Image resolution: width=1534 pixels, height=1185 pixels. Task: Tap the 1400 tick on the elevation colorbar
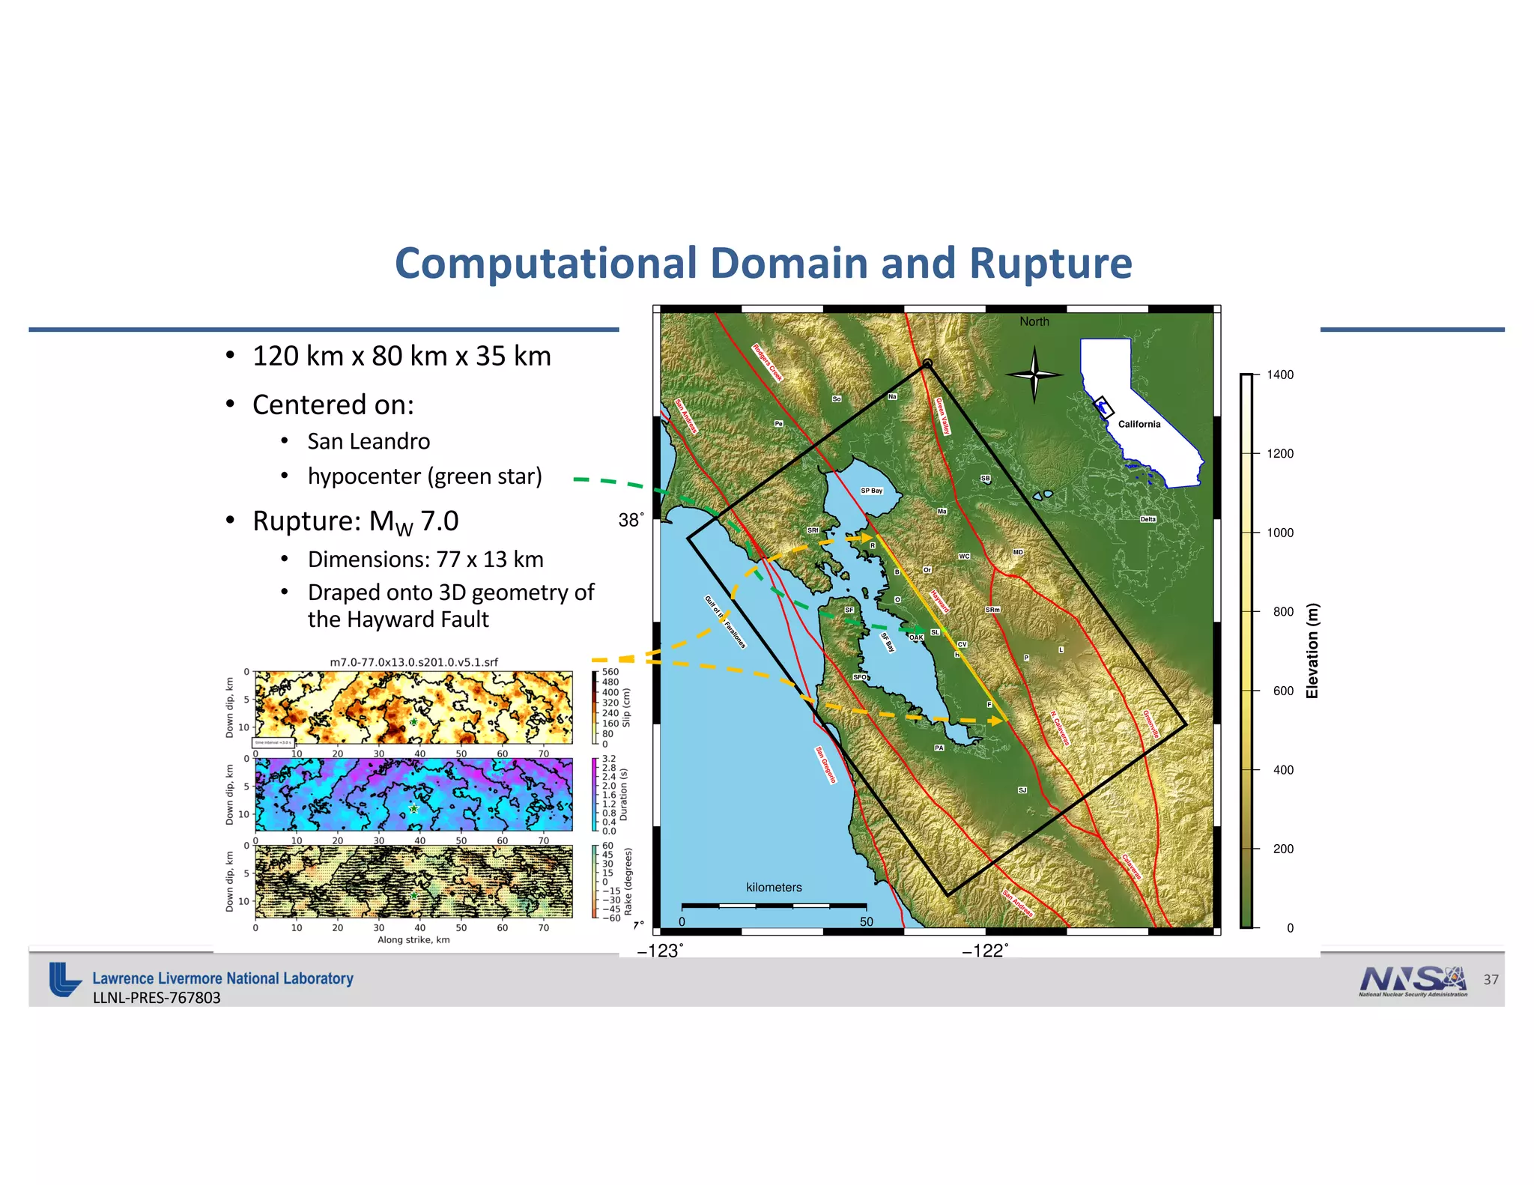pyautogui.click(x=1279, y=375)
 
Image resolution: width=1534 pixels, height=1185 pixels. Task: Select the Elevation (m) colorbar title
pyautogui.click(x=1312, y=650)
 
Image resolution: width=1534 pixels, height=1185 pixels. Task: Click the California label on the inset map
pyautogui.click(x=1139, y=424)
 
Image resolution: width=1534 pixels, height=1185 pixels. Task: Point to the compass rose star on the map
pyautogui.click(x=1034, y=374)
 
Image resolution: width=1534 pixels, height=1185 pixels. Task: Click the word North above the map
pyautogui.click(x=1034, y=321)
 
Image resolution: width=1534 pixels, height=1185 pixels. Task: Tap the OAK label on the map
pyautogui.click(x=916, y=637)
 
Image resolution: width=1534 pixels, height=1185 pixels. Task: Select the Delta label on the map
pyautogui.click(x=1148, y=519)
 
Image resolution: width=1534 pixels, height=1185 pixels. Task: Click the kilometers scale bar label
pyautogui.click(x=774, y=887)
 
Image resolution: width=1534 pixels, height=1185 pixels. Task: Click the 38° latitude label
pyautogui.click(x=631, y=520)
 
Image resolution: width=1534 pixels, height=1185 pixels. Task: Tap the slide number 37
pyautogui.click(x=1491, y=980)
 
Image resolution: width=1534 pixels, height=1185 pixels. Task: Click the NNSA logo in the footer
pyautogui.click(x=1413, y=981)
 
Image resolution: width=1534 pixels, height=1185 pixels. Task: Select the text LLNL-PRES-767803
pyautogui.click(x=157, y=998)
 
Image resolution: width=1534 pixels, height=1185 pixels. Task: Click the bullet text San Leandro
pyautogui.click(x=369, y=441)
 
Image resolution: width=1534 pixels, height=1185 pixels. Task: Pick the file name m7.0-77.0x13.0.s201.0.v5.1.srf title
pyautogui.click(x=413, y=662)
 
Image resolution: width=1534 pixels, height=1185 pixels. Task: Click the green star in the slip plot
pyautogui.click(x=413, y=722)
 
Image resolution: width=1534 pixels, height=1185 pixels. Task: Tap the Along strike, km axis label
pyautogui.click(x=413, y=939)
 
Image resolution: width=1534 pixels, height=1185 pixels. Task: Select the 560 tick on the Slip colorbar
pyautogui.click(x=610, y=672)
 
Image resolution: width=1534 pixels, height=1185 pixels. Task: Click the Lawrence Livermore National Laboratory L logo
pyautogui.click(x=64, y=979)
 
